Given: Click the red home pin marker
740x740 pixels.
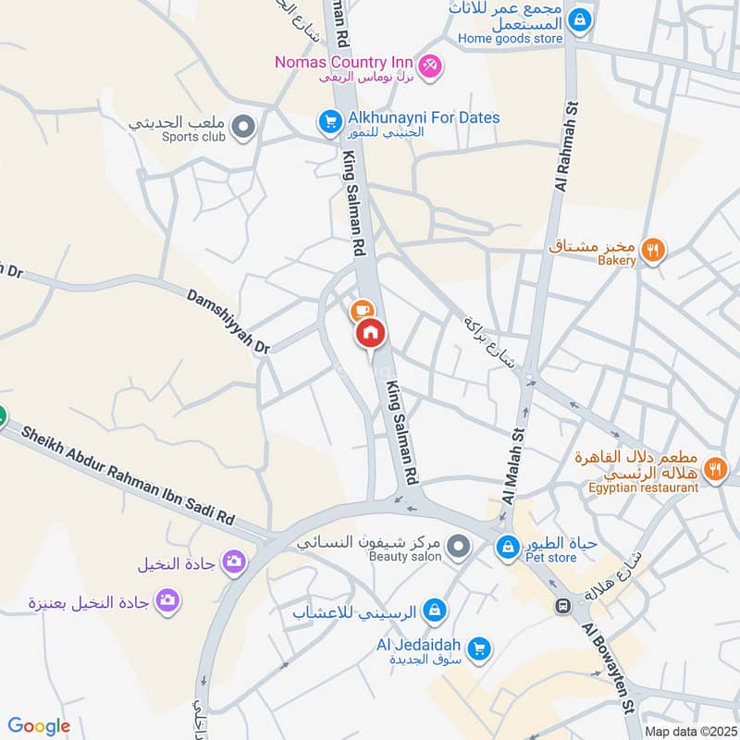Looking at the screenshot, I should (x=370, y=332).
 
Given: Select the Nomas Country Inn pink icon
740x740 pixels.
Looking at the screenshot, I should (x=429, y=65).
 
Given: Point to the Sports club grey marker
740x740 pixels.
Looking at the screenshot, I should (x=242, y=127).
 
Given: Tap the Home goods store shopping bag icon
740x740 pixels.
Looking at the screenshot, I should (x=579, y=18).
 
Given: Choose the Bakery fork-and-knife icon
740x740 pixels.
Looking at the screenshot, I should (x=653, y=249).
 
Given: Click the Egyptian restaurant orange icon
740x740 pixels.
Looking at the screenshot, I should (x=714, y=469).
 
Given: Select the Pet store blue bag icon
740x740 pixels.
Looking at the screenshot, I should (x=507, y=548).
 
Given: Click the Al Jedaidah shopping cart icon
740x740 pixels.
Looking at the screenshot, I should (x=478, y=648).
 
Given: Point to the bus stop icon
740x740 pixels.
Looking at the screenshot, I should (x=561, y=606).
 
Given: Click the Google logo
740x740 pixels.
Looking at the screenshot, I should (x=39, y=726).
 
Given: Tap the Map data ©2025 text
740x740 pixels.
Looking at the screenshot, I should (x=689, y=732).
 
